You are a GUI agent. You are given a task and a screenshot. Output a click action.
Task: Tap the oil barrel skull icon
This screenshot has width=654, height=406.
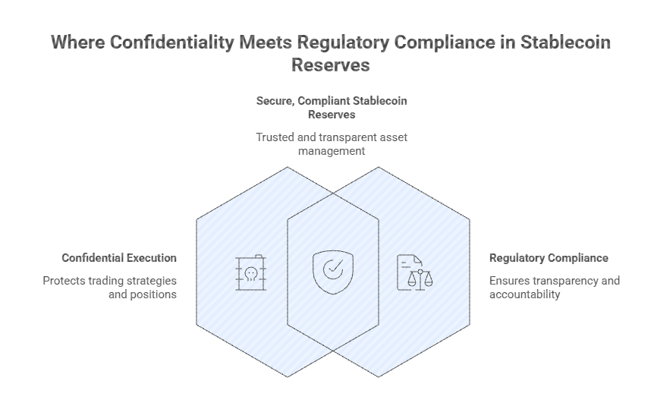pyautogui.click(x=250, y=272)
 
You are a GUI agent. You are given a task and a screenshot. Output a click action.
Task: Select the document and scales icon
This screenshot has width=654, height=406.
pyautogui.click(x=414, y=272)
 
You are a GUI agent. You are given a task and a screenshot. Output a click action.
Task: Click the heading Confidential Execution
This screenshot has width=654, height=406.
pyautogui.click(x=119, y=258)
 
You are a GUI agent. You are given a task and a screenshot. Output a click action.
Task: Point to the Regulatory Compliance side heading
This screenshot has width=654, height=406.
pyautogui.click(x=549, y=258)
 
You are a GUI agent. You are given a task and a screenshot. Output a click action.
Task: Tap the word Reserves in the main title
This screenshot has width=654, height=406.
pyautogui.click(x=331, y=65)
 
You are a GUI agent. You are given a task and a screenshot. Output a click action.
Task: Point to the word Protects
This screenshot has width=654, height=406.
pyautogui.click(x=64, y=281)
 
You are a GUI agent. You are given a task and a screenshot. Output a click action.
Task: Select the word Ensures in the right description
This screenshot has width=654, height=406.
pyautogui.click(x=510, y=281)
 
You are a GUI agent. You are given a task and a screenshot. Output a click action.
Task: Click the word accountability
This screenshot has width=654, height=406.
pyautogui.click(x=525, y=294)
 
